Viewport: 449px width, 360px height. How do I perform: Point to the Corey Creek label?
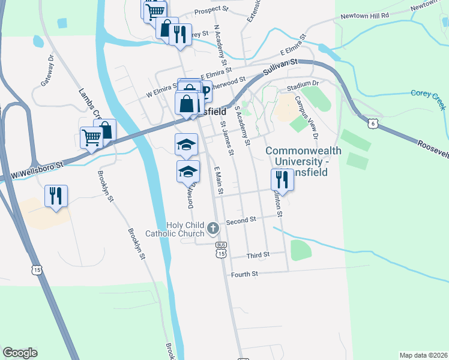[429, 94]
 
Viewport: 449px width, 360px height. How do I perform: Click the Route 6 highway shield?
[373, 122]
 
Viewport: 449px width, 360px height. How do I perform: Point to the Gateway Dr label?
[47, 71]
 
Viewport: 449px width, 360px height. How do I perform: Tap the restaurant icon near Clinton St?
[280, 179]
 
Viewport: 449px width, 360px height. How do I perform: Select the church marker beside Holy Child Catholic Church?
[212, 228]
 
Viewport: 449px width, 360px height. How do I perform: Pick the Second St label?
[241, 220]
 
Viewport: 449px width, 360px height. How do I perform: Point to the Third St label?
[258, 256]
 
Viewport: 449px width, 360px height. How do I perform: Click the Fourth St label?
[244, 274]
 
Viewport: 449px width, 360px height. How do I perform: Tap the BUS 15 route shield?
[221, 250]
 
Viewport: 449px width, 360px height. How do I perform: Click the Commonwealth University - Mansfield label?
[304, 157]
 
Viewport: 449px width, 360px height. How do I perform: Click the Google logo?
[20, 353]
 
